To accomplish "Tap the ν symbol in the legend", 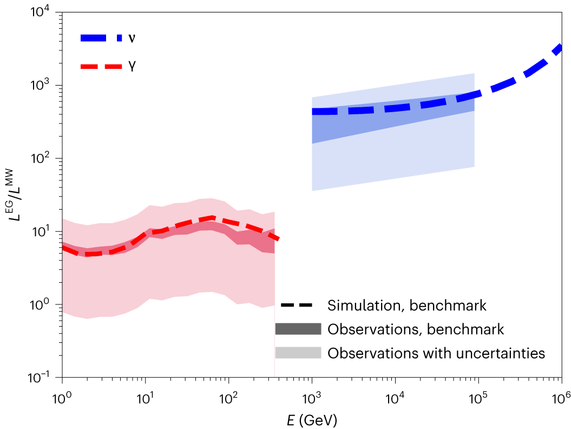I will tap(132, 38).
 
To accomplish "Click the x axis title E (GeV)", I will tap(312, 418).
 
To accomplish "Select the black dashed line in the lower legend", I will tap(298, 305).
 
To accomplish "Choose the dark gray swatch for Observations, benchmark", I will tap(298, 329).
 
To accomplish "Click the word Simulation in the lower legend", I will tap(359, 305).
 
